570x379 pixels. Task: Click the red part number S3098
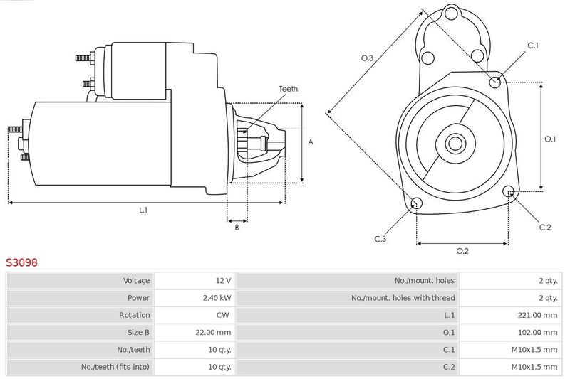(x=21, y=262)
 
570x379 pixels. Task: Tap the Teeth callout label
(x=288, y=89)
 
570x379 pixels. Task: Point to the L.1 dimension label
(x=143, y=210)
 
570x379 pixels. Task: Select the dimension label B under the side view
(x=237, y=227)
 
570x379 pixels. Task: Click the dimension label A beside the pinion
(x=311, y=142)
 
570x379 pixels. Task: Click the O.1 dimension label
(x=550, y=139)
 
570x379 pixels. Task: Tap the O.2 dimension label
(x=462, y=250)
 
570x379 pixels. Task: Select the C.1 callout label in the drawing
(x=533, y=46)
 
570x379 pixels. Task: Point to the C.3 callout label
(x=380, y=239)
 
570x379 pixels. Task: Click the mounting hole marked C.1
(x=496, y=82)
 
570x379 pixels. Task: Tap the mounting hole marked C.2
(x=509, y=191)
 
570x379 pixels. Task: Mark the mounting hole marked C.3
(x=417, y=205)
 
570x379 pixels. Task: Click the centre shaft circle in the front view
(x=454, y=143)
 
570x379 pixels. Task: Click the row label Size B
(x=135, y=332)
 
